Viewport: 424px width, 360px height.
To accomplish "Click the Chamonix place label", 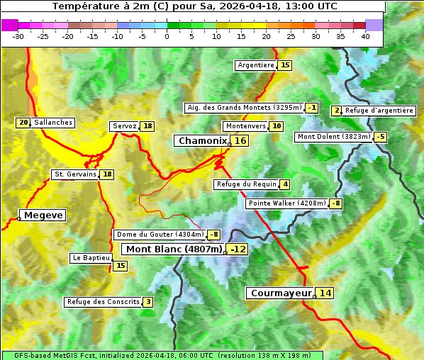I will pyautogui.click(x=202, y=141).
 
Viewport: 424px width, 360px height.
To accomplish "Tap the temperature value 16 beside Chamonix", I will pyautogui.click(x=241, y=141).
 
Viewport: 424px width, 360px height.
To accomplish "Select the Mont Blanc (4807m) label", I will pyautogui.click(x=174, y=249).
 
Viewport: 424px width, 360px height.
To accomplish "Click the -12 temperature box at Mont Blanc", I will pyautogui.click(x=238, y=249).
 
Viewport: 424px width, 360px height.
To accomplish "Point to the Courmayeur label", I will pyautogui.click(x=281, y=293).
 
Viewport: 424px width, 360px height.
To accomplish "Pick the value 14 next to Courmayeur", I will pyautogui.click(x=325, y=293).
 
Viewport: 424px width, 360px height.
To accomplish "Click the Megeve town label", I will pyautogui.click(x=43, y=215).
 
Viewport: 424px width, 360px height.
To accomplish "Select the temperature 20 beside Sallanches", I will pyautogui.click(x=23, y=123).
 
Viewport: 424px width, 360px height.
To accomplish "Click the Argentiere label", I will pyautogui.click(x=256, y=65).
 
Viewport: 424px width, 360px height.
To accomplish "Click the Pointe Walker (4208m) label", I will pyautogui.click(x=287, y=203).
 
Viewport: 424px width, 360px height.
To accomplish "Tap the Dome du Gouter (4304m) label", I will pyautogui.click(x=160, y=235).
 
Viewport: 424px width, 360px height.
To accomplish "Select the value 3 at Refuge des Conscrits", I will pyautogui.click(x=147, y=302).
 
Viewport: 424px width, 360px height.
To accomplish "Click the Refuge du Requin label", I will pyautogui.click(x=246, y=184).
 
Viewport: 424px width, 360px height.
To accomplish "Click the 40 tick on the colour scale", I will pyautogui.click(x=365, y=36).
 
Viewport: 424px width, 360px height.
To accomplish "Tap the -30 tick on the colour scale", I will pyautogui.click(x=18, y=36).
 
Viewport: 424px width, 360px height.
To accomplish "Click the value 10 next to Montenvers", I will pyautogui.click(x=277, y=126).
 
